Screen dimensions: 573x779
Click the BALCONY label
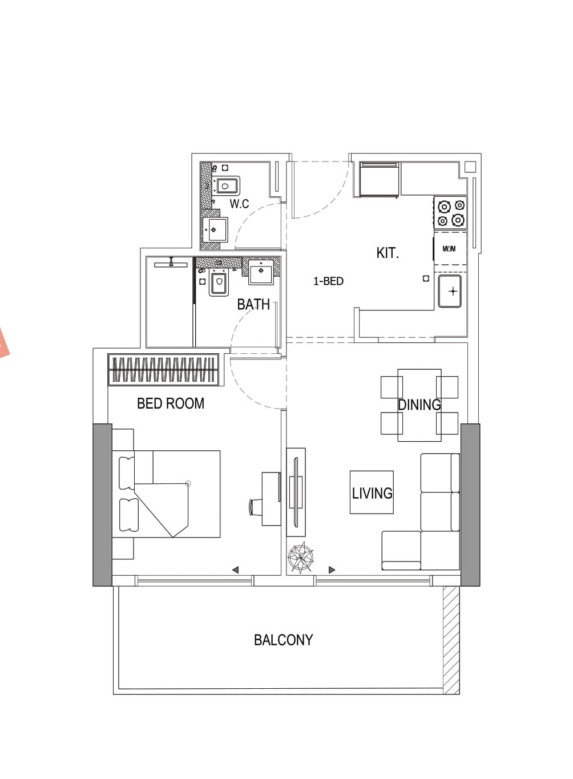(284, 640)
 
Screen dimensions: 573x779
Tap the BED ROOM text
(171, 403)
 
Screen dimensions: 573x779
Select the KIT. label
(388, 253)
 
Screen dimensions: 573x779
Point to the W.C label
(239, 203)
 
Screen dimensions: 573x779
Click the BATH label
(253, 304)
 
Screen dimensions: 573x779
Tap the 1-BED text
(328, 281)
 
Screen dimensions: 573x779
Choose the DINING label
(419, 405)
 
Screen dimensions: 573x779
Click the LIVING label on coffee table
(372, 493)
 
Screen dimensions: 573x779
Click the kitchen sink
(450, 291)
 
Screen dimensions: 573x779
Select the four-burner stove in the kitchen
(451, 212)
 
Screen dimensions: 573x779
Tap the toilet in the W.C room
(225, 186)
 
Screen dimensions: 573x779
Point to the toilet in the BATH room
(219, 282)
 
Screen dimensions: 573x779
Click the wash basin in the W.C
(215, 229)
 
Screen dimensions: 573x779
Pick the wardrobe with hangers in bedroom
(163, 370)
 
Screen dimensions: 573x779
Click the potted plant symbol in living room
(300, 558)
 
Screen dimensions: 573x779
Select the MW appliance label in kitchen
(449, 249)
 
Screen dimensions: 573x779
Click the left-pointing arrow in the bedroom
(235, 570)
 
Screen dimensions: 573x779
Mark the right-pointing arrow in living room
(332, 570)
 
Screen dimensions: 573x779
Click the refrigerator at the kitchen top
(380, 180)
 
